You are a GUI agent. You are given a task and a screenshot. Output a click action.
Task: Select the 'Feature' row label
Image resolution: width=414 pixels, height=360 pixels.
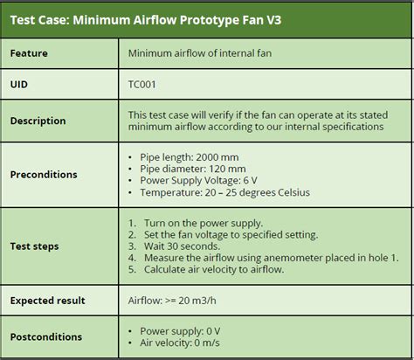coord(29,54)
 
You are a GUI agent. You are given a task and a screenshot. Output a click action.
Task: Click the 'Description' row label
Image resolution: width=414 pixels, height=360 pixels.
coord(38,121)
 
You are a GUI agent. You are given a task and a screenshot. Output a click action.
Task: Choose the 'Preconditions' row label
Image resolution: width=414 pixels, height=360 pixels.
coord(44,175)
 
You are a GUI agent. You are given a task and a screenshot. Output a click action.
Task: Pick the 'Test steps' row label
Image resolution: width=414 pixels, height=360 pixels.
coord(35,246)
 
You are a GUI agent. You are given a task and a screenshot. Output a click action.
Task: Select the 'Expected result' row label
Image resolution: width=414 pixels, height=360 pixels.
coord(47,301)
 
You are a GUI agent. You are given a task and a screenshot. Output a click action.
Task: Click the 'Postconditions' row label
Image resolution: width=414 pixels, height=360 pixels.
coord(46,336)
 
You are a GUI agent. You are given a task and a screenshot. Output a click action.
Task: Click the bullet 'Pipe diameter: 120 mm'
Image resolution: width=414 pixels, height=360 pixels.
coord(194,169)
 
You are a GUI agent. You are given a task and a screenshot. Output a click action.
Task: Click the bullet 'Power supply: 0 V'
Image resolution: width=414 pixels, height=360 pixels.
coord(183,331)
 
